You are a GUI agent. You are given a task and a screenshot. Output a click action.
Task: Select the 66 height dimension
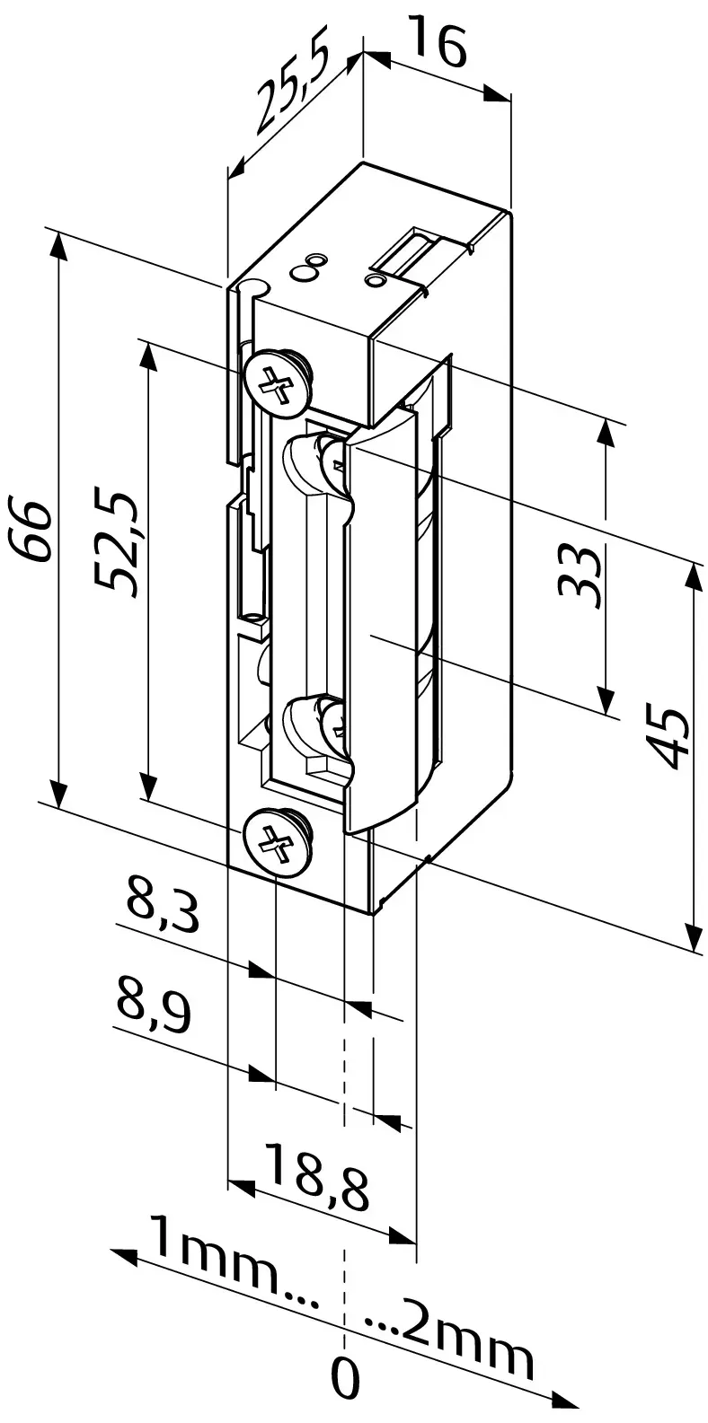(31, 531)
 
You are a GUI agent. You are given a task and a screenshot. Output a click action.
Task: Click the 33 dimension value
(579, 576)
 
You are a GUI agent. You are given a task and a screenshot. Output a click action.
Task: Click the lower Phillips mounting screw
(277, 842)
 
